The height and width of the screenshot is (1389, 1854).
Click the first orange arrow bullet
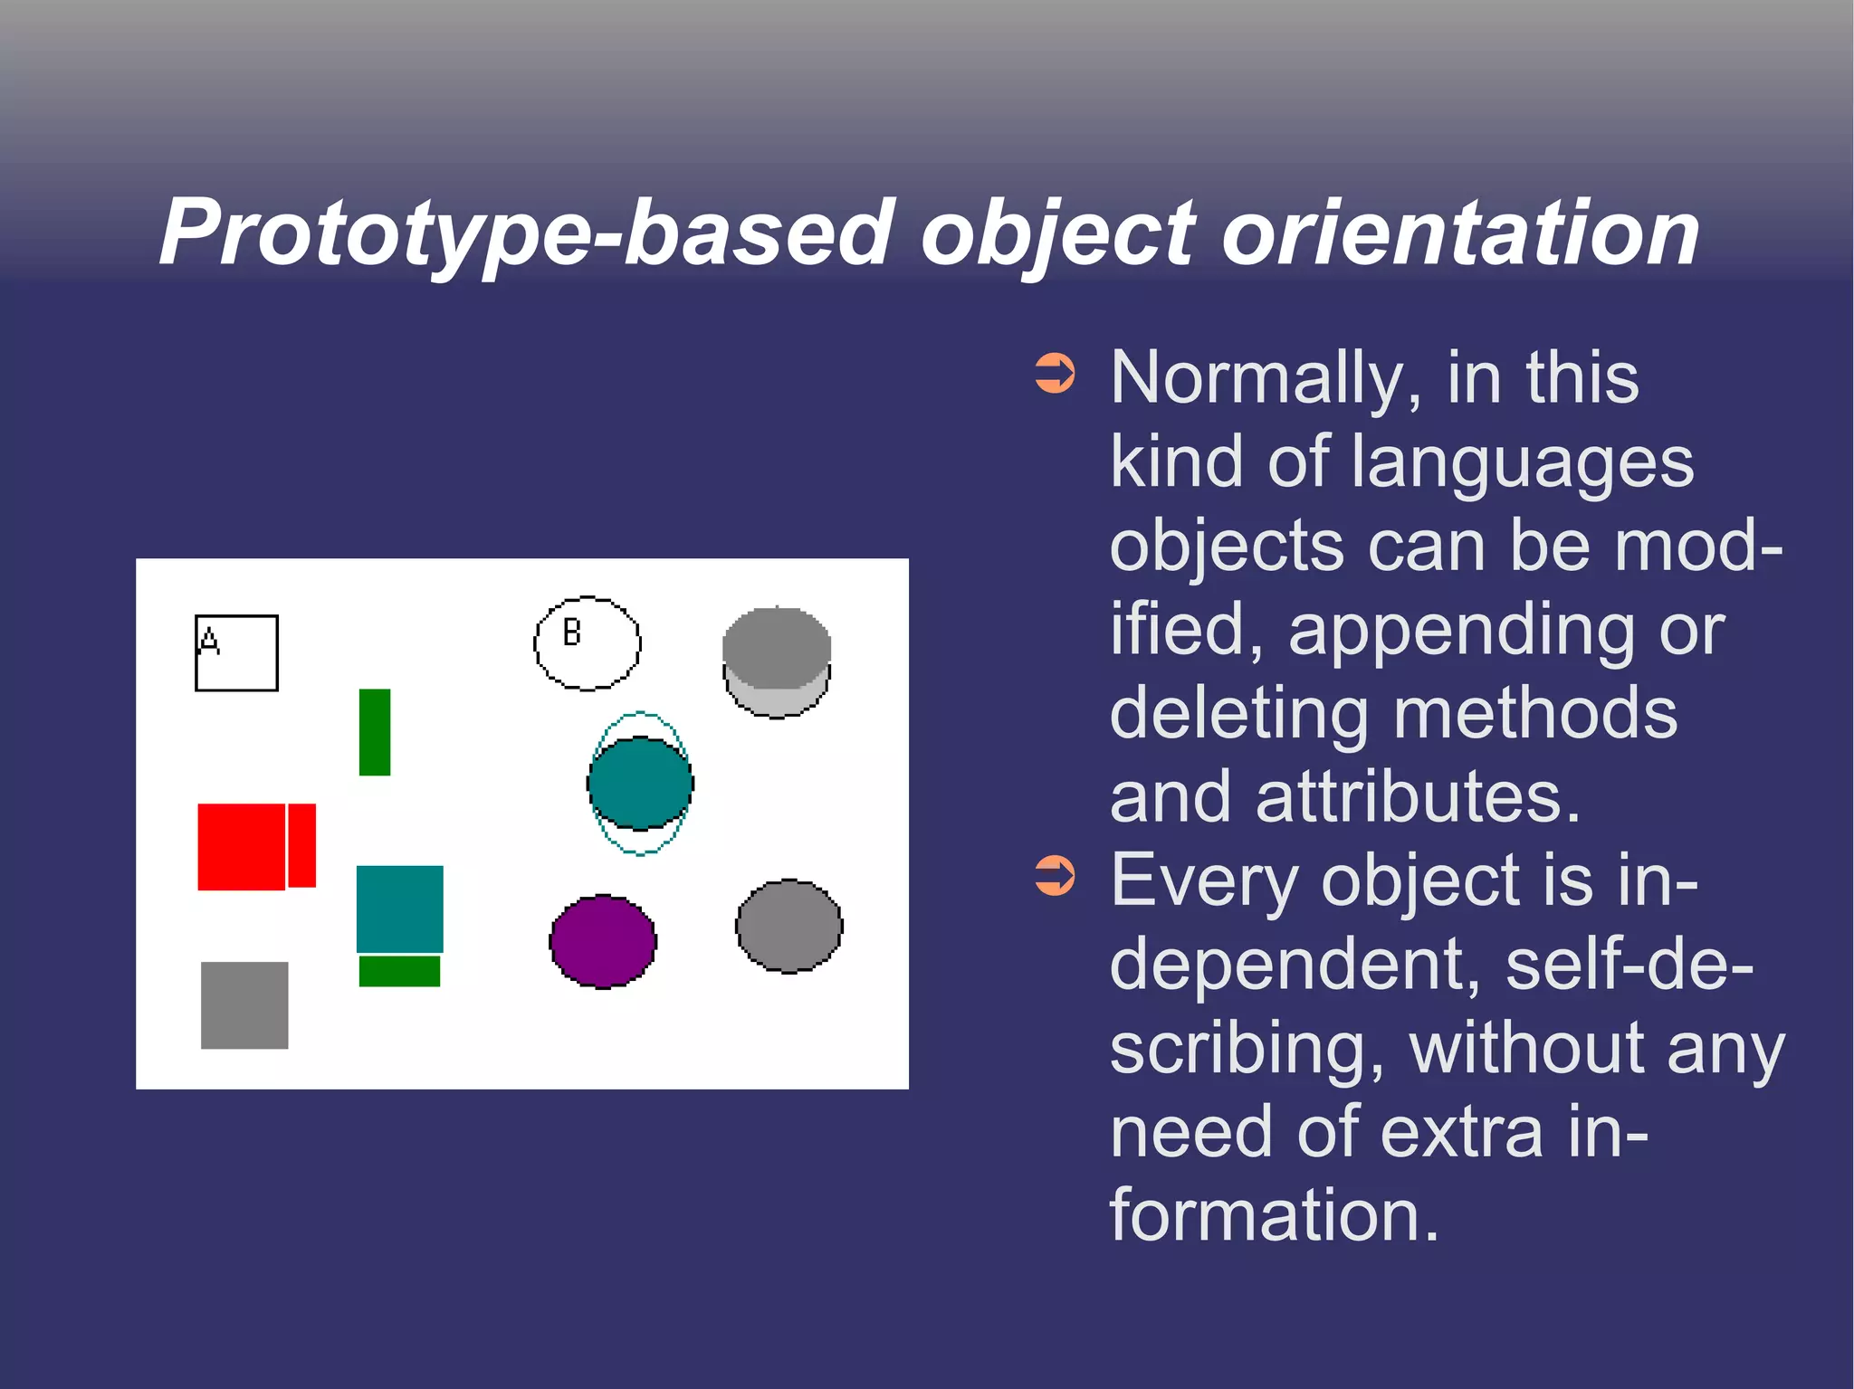tap(1055, 373)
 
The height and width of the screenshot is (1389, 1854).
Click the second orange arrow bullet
tap(1055, 875)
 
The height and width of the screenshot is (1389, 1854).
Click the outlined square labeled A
tap(237, 653)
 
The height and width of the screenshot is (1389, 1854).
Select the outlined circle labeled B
tap(587, 643)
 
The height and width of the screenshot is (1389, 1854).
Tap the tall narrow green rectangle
tap(375, 732)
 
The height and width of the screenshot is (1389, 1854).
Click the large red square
tap(242, 846)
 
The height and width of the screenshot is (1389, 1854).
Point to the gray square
tap(244, 1005)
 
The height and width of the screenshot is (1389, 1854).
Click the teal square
tap(399, 909)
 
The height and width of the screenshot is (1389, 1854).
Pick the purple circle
tap(603, 942)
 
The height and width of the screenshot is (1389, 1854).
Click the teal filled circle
tap(640, 783)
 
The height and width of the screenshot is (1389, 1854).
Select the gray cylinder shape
tap(777, 661)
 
